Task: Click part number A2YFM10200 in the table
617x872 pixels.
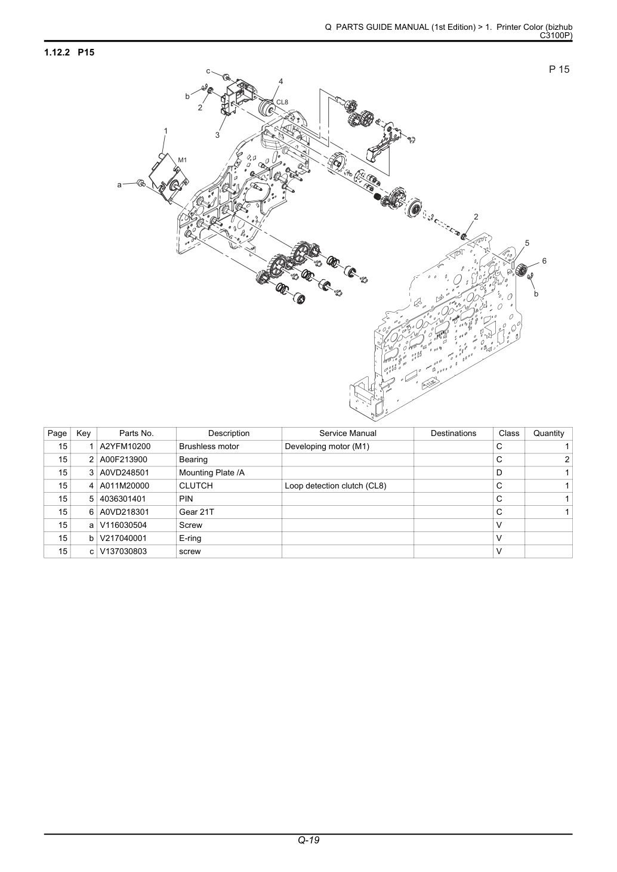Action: pyautogui.click(x=125, y=447)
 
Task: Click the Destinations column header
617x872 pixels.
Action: pyautogui.click(x=454, y=433)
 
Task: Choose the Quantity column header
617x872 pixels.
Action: pyautogui.click(x=548, y=434)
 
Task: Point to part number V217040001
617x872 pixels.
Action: pyautogui.click(x=123, y=539)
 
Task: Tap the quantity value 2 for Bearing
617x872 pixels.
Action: pyautogui.click(x=567, y=460)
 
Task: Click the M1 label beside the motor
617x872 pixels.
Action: pyautogui.click(x=183, y=160)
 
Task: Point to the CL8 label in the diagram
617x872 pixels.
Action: pyautogui.click(x=282, y=103)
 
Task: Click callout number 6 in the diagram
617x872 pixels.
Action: pyautogui.click(x=544, y=261)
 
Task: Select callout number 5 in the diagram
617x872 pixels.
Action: pyautogui.click(x=527, y=243)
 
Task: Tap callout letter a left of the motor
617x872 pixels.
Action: pyautogui.click(x=119, y=185)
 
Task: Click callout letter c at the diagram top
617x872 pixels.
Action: pyautogui.click(x=208, y=71)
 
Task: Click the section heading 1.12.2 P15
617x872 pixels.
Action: pyautogui.click(x=69, y=52)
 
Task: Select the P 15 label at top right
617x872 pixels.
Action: pyautogui.click(x=559, y=69)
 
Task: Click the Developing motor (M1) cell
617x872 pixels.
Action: pyautogui.click(x=327, y=447)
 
